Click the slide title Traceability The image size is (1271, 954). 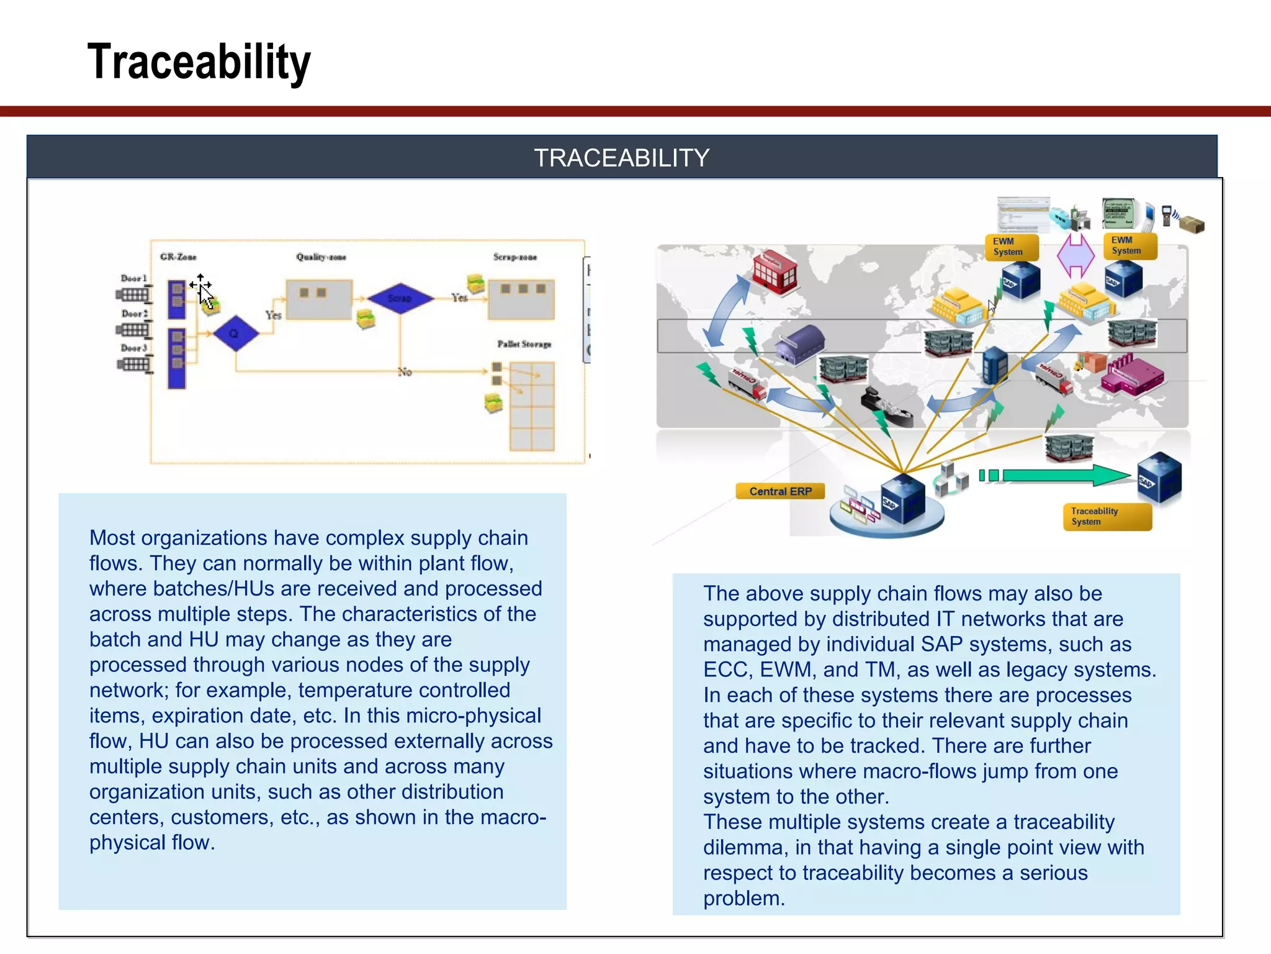(199, 62)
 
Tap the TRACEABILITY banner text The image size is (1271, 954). (621, 158)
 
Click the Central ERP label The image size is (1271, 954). (780, 491)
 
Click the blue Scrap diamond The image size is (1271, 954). (400, 298)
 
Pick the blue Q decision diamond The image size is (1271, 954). (235, 334)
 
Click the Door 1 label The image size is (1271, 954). (133, 278)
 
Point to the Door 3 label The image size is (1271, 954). (133, 348)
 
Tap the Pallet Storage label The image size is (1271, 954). (524, 343)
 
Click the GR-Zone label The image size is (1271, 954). (178, 257)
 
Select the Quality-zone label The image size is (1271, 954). (321, 257)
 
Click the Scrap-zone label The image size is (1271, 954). (514, 257)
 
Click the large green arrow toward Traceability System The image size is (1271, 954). (1067, 476)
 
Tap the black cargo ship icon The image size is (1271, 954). (886, 407)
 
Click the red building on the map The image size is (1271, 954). (774, 271)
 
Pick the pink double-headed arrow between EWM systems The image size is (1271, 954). (1076, 255)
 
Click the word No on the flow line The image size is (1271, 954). (405, 372)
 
